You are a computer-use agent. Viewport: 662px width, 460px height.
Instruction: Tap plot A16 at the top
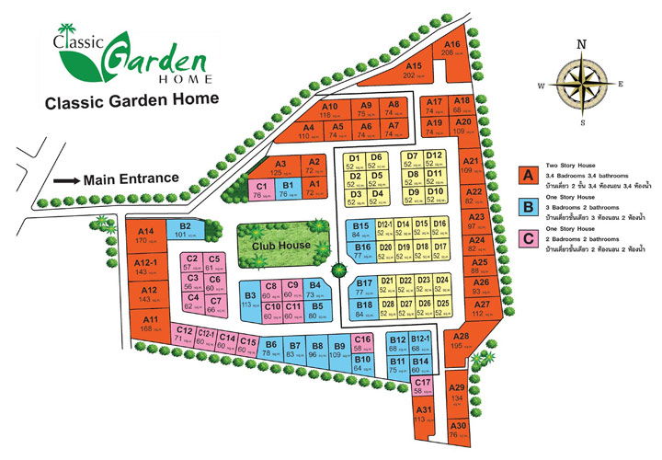point(451,49)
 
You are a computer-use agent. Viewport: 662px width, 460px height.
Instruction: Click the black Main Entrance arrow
point(66,180)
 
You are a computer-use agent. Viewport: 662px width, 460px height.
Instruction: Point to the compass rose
point(580,82)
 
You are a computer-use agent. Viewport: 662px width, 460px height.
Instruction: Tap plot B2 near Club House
point(185,229)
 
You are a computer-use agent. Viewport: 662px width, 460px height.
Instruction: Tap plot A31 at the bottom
point(424,414)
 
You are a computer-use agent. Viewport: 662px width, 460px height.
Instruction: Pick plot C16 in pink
point(362,343)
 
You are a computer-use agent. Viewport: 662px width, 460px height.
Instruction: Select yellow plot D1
point(355,162)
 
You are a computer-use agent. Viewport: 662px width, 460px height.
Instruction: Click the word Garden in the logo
point(156,60)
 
